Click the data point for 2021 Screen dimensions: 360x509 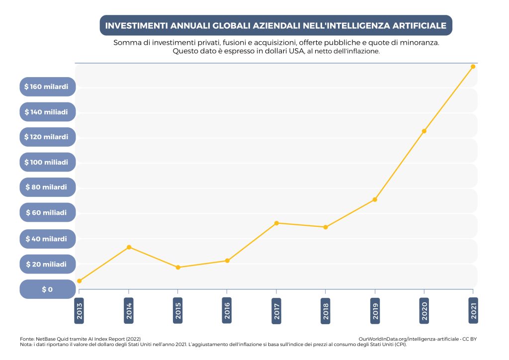tap(473, 67)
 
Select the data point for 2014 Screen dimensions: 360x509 tap(129, 247)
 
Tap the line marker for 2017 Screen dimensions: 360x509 tap(276, 223)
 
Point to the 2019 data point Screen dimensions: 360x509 tap(375, 199)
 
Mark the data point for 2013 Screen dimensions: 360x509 tap(80, 281)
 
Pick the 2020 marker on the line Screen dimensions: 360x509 tap(424, 131)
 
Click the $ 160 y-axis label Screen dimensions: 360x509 tap(47, 87)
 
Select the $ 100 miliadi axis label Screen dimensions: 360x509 tap(47, 163)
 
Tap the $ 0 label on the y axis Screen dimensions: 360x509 tap(47, 289)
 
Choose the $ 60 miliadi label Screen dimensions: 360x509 tap(47, 213)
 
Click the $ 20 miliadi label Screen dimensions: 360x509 tap(47, 264)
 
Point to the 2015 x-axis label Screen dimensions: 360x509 tap(178, 311)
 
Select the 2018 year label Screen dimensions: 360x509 tap(326, 311)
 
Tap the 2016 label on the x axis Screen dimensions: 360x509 tap(227, 311)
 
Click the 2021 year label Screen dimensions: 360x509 tap(473, 311)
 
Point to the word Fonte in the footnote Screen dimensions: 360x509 tap(27, 339)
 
